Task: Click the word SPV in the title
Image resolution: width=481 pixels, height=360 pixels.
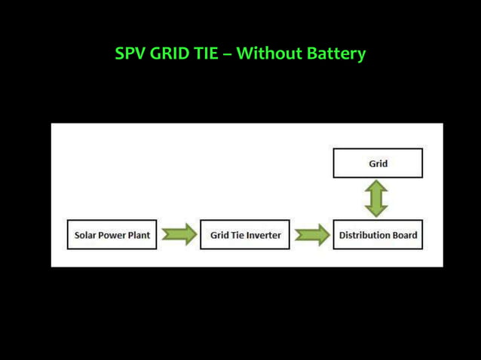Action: [x=131, y=54]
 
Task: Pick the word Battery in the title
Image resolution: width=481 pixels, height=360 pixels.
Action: [x=336, y=55]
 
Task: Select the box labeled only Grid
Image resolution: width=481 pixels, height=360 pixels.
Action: [x=378, y=163]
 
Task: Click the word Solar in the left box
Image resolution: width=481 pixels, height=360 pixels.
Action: [x=87, y=235]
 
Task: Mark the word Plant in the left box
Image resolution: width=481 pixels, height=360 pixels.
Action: [x=139, y=235]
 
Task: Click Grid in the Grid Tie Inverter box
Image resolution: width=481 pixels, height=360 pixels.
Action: [x=219, y=235]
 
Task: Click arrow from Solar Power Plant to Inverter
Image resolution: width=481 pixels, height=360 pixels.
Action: [x=179, y=235]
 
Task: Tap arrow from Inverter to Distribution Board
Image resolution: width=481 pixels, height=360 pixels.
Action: [x=311, y=235]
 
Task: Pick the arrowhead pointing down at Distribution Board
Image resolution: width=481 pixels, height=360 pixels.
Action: [x=378, y=211]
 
